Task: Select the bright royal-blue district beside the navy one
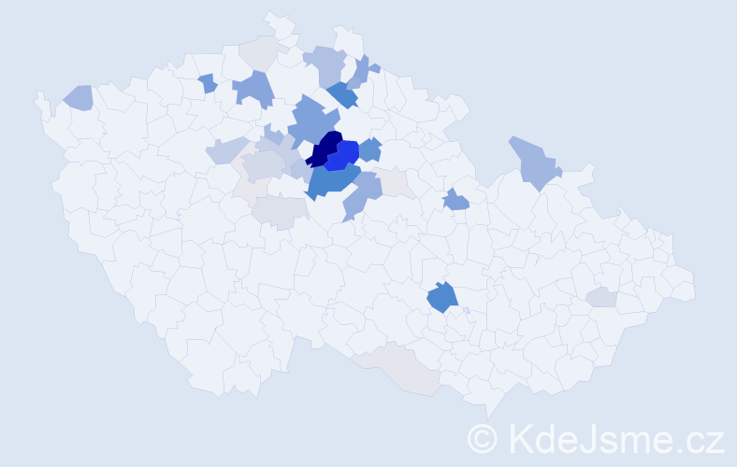point(345,154)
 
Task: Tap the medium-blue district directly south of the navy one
point(331,179)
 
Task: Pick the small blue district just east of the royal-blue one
point(370,149)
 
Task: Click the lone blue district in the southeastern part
point(442,298)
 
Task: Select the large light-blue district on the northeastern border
point(532,162)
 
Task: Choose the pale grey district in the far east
point(602,297)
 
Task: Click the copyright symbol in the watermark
point(483,437)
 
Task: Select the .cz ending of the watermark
point(699,437)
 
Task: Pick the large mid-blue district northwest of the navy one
point(312,121)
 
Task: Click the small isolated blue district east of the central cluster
point(455,199)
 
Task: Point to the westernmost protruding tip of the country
point(38,94)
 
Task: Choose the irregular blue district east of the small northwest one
point(253,89)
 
